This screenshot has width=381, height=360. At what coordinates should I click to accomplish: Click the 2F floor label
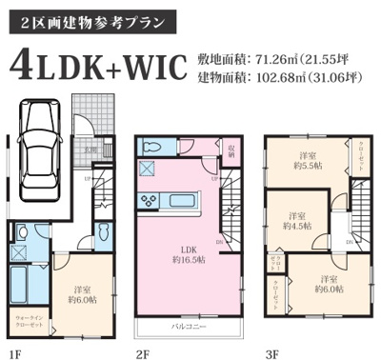tap(143, 352)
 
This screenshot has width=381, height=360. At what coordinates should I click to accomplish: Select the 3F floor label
tap(271, 352)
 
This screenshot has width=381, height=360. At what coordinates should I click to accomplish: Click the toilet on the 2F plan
tap(153, 148)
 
